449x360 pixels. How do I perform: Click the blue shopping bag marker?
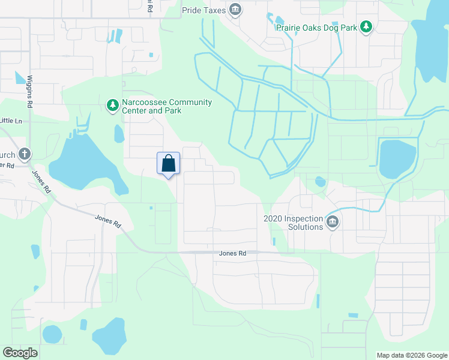pyautogui.click(x=169, y=163)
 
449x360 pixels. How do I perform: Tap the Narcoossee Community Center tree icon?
pyautogui.click(x=112, y=106)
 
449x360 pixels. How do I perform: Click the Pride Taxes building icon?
pyautogui.click(x=236, y=10)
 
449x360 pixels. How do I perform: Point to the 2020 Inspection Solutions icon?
pyautogui.click(x=333, y=223)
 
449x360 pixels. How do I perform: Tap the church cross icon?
pyautogui.click(x=25, y=154)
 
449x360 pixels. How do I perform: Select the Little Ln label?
pyautogui.click(x=11, y=121)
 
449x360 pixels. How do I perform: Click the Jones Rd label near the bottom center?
pyautogui.click(x=234, y=254)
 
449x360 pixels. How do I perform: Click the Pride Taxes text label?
pyautogui.click(x=203, y=10)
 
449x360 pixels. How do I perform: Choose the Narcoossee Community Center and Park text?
pyautogui.click(x=166, y=106)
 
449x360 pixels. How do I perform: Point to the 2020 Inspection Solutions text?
pyautogui.click(x=293, y=223)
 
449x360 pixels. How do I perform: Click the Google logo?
pyautogui.click(x=20, y=352)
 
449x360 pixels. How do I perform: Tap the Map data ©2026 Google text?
pyautogui.click(x=412, y=355)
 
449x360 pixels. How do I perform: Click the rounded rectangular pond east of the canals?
pyautogui.click(x=397, y=159)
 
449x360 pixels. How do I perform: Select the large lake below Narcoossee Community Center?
pyautogui.click(x=81, y=162)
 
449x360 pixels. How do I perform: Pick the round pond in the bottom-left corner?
pyautogui.click(x=52, y=334)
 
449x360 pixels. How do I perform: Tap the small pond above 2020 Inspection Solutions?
pyautogui.click(x=320, y=181)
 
